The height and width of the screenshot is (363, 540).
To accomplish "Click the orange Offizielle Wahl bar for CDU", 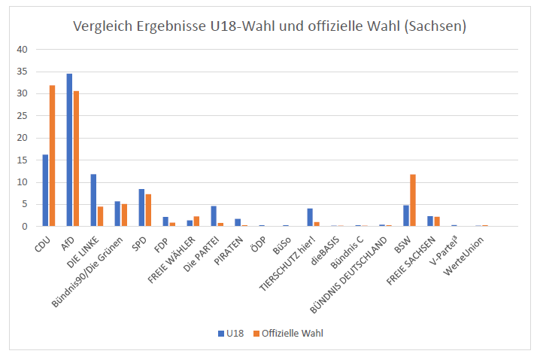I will click(52, 156).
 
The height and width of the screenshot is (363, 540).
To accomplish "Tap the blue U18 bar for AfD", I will click(69, 150).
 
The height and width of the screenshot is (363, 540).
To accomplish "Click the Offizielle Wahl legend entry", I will click(293, 332).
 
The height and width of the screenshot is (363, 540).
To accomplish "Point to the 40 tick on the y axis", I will click(22, 50).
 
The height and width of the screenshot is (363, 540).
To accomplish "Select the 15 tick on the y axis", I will click(22, 160).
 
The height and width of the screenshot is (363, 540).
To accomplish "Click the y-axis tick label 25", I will click(22, 116).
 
